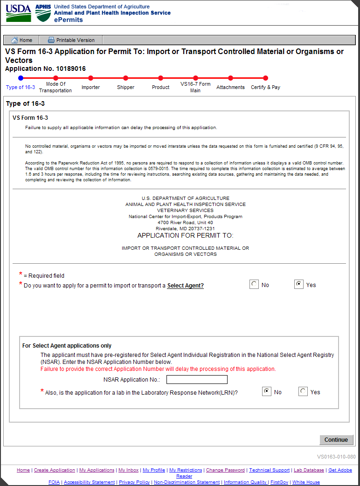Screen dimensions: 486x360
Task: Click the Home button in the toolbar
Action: coord(21,40)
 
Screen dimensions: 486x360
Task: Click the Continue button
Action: coord(336,440)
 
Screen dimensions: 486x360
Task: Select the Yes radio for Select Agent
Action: coord(299,284)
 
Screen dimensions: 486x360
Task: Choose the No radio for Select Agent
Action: coord(254,284)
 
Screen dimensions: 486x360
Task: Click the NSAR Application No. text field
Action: coord(197,380)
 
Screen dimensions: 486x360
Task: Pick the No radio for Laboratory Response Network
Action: coord(267,391)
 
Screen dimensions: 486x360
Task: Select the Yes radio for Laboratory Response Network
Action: coord(303,391)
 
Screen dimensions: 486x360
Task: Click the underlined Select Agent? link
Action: coord(186,286)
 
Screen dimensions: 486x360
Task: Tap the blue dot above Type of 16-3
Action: coord(21,78)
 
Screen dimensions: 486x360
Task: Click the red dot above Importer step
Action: coord(90,78)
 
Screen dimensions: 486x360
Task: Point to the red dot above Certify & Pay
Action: coord(265,78)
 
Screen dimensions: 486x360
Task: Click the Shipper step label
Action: coord(125,87)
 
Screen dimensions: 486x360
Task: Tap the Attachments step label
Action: coord(230,87)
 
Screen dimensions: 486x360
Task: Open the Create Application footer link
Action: coord(55,470)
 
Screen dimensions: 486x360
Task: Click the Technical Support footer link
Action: coord(269,470)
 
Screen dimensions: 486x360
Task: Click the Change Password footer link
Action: coord(225,470)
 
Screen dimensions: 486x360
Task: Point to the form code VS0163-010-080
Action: coord(336,457)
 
